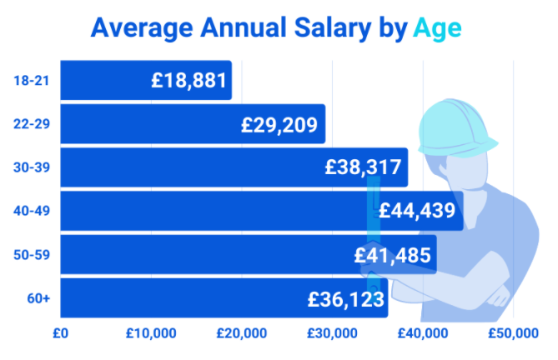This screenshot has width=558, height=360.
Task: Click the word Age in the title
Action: pyautogui.click(x=437, y=29)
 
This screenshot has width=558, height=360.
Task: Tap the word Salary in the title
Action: pyautogui.click(x=333, y=28)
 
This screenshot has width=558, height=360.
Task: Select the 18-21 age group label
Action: pyautogui.click(x=32, y=81)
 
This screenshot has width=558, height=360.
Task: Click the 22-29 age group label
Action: pyautogui.click(x=32, y=124)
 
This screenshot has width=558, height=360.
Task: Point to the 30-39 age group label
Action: pyautogui.click(x=32, y=167)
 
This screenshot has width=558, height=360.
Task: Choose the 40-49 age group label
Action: pyautogui.click(x=32, y=211)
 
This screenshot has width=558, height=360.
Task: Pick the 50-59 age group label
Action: pyautogui.click(x=32, y=255)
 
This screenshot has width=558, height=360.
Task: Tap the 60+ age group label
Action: pyautogui.click(x=38, y=298)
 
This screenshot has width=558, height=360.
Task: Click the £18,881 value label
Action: pyautogui.click(x=189, y=80)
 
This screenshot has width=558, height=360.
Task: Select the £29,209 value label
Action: pyautogui.click(x=279, y=125)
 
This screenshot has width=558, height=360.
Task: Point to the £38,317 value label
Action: pyautogui.click(x=363, y=167)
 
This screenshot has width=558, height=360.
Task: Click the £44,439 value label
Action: pyautogui.click(x=417, y=210)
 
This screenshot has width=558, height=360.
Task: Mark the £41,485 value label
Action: pyautogui.click(x=393, y=255)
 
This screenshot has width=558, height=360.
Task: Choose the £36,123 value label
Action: pyautogui.click(x=346, y=299)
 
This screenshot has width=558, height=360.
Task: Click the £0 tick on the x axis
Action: pyautogui.click(x=61, y=333)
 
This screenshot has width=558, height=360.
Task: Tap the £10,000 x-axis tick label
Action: pyautogui.click(x=151, y=333)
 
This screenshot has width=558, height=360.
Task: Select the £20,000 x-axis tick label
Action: pyautogui.click(x=242, y=333)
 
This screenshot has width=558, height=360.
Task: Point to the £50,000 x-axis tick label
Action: pyautogui.click(x=513, y=333)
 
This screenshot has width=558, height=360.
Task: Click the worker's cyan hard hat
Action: pyautogui.click(x=456, y=128)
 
